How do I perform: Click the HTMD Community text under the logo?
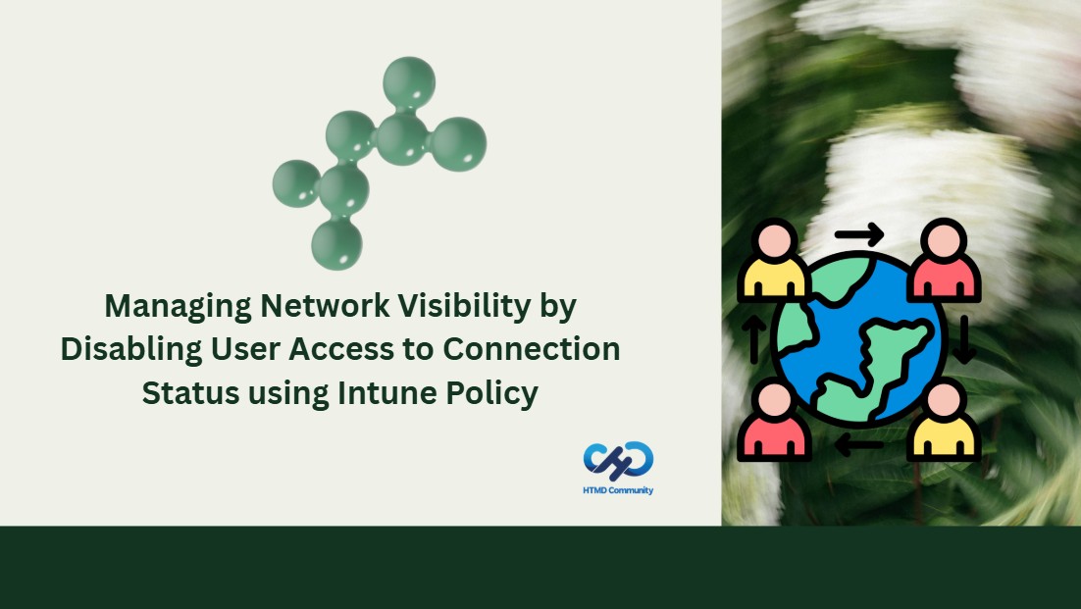point(618,490)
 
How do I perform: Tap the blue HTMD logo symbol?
point(618,461)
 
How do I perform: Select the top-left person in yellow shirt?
point(773,260)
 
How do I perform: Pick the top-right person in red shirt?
point(944,260)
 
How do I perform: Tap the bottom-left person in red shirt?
point(773,421)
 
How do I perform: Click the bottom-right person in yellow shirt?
point(944,421)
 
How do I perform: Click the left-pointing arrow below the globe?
point(858,444)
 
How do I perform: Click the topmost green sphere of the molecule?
point(409,82)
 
